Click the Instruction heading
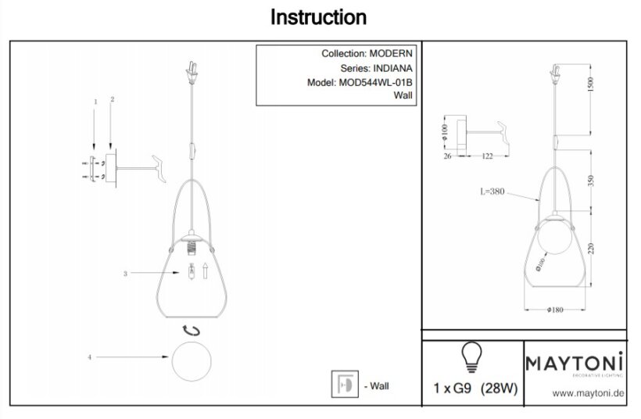tap(318, 16)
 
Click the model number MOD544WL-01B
tap(375, 81)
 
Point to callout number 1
tap(95, 102)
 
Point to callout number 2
tap(113, 100)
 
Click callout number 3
tap(124, 274)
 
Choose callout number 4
tap(91, 357)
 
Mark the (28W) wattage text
tap(498, 388)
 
